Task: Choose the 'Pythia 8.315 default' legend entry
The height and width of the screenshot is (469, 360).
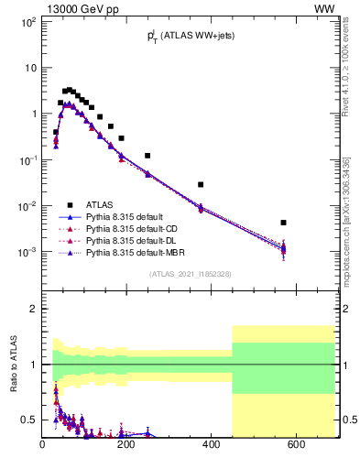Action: (128, 217)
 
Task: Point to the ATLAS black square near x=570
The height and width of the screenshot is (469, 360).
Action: (284, 223)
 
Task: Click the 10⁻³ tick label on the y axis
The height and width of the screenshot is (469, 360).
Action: (27, 252)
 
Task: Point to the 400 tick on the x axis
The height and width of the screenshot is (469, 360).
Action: (212, 445)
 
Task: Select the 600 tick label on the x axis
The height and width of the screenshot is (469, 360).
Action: (296, 445)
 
